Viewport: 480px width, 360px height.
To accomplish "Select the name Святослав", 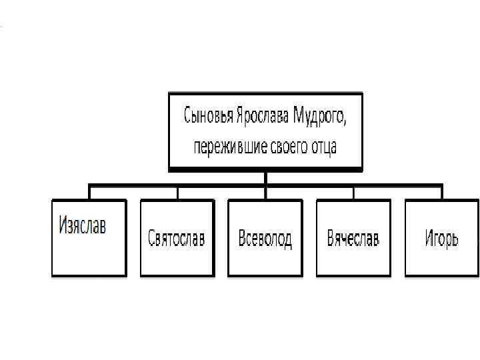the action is pyautogui.click(x=177, y=239).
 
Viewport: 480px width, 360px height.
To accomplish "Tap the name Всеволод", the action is pyautogui.click(x=265, y=239).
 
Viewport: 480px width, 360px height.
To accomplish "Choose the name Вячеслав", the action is pyautogui.click(x=353, y=238).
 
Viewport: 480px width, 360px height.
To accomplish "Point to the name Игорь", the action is pyautogui.click(x=441, y=239).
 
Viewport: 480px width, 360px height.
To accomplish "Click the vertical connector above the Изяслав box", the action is pyautogui.click(x=89, y=193).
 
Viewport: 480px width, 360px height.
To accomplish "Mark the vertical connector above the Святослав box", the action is pyautogui.click(x=177, y=193).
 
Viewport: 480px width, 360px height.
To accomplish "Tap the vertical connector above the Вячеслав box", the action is pyautogui.click(x=353, y=193).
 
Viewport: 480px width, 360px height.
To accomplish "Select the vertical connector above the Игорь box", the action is pyautogui.click(x=441, y=193).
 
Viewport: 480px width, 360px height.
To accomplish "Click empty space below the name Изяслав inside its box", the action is pyautogui.click(x=89, y=257).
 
